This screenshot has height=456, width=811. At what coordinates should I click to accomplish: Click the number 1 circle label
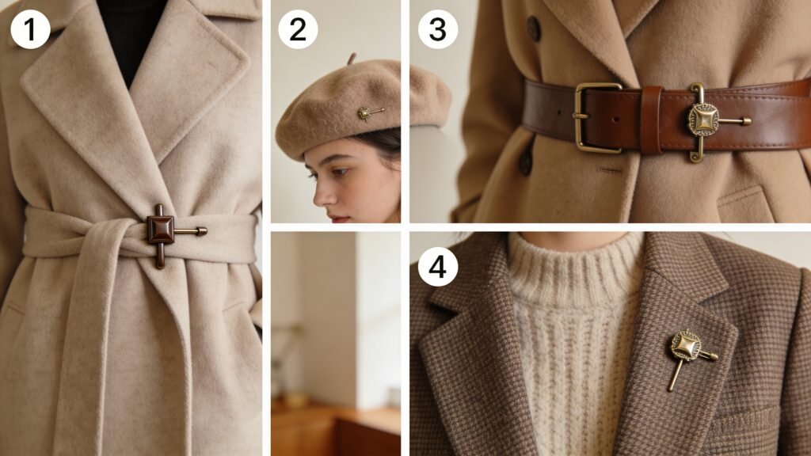[x=30, y=29]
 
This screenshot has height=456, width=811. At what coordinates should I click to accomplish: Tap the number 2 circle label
[x=298, y=29]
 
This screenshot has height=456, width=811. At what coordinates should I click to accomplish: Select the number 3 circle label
[x=437, y=29]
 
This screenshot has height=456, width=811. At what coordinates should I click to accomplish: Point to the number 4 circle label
[x=437, y=267]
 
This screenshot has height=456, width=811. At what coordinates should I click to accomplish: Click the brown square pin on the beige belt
[x=161, y=230]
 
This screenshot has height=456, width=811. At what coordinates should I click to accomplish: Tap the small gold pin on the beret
[x=369, y=113]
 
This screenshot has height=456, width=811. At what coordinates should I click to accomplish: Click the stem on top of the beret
[x=352, y=58]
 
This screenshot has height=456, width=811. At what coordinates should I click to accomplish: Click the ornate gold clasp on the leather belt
[x=704, y=121]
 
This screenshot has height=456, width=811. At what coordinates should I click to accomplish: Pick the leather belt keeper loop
[x=651, y=120]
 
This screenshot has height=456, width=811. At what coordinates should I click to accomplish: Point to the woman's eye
[x=339, y=172]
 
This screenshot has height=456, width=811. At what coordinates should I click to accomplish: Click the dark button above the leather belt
[x=534, y=28]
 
